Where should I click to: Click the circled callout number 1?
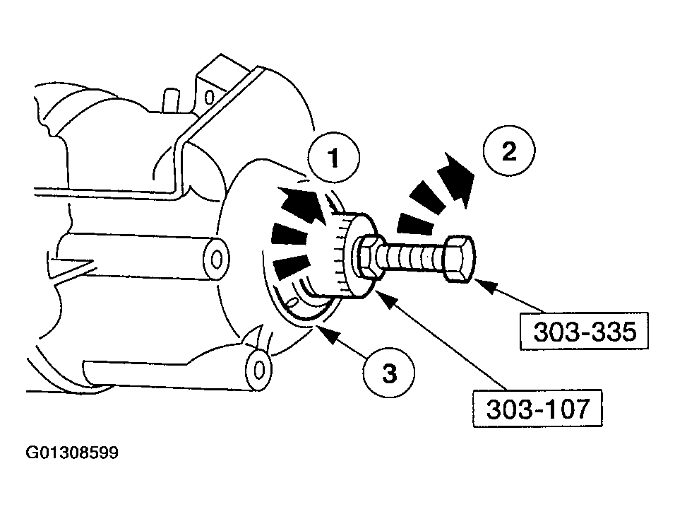(x=333, y=157)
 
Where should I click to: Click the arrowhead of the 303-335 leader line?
(x=482, y=283)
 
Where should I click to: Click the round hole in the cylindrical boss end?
(x=216, y=257)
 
